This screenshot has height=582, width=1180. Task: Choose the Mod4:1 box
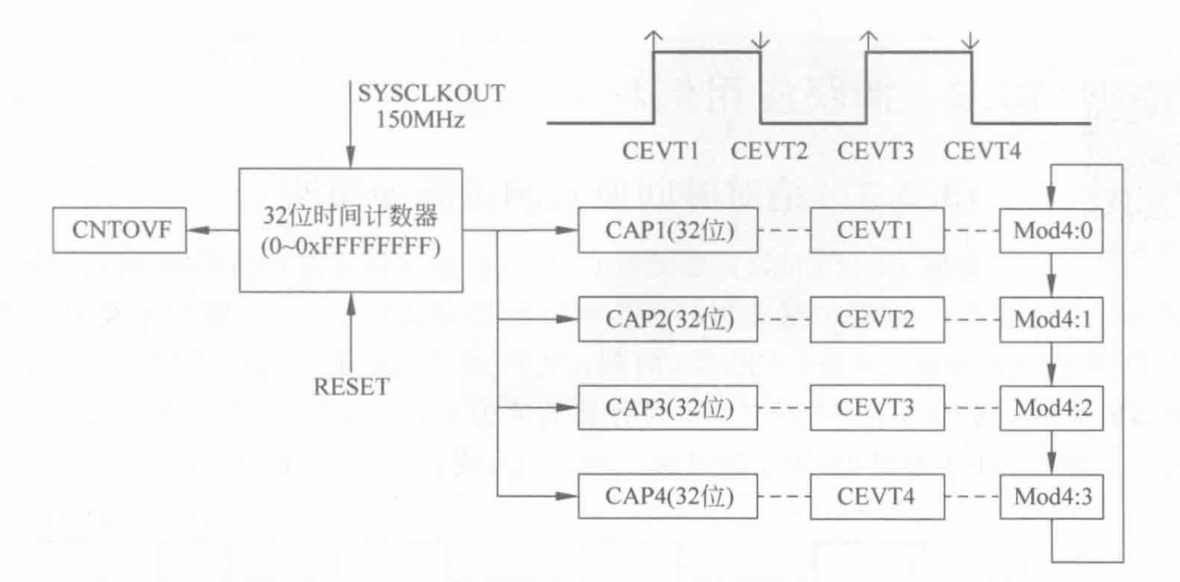[1053, 319]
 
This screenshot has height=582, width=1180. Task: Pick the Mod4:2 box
[1053, 409]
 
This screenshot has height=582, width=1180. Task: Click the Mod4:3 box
[1053, 499]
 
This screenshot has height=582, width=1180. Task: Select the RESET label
[351, 387]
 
